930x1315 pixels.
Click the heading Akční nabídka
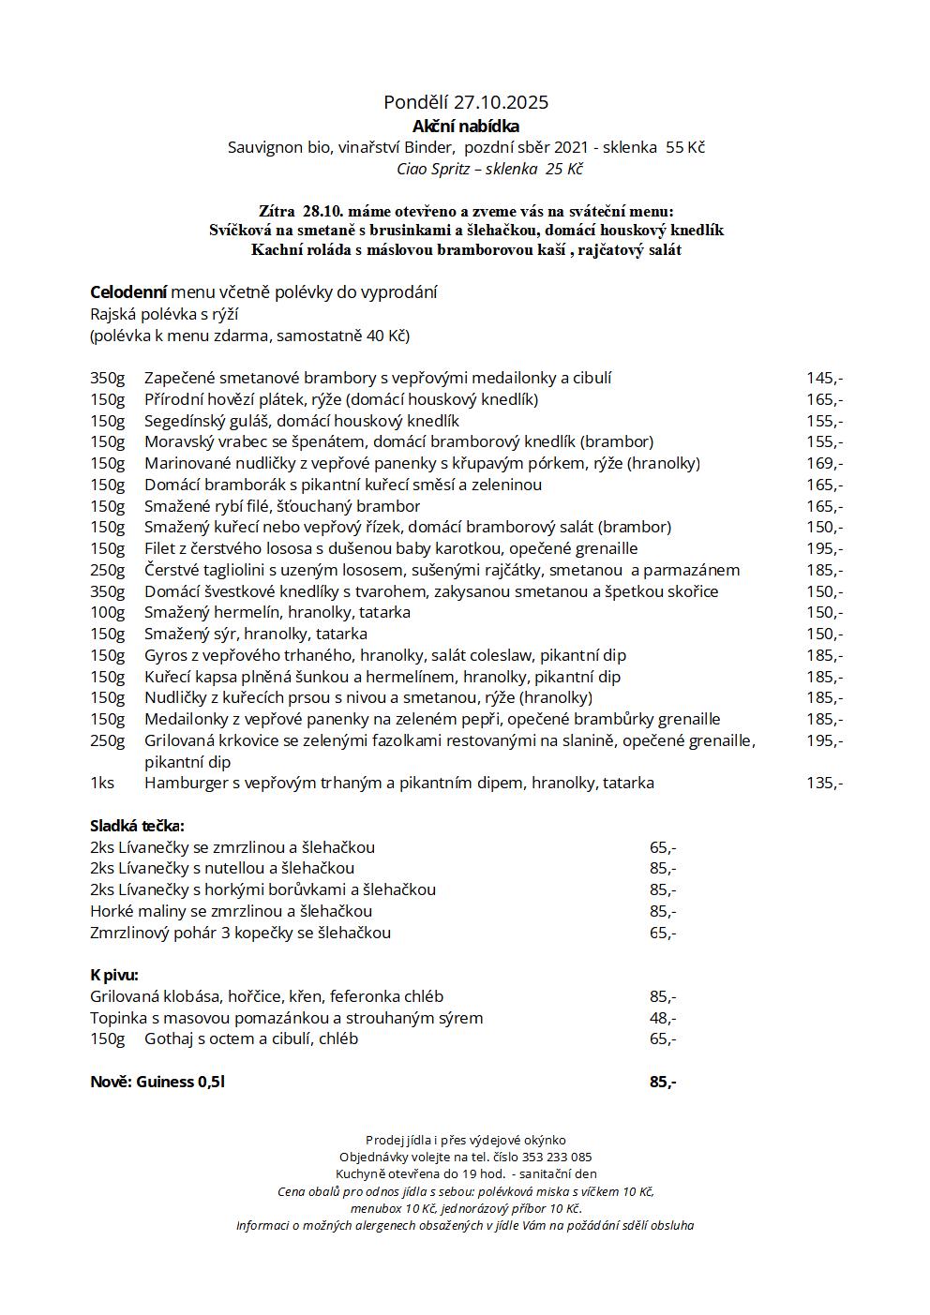click(x=465, y=126)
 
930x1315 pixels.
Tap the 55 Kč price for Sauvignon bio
click(x=684, y=147)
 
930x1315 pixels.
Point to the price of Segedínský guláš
click(x=824, y=421)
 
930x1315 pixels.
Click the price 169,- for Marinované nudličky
click(x=824, y=463)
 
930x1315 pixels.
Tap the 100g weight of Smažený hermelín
click(x=107, y=612)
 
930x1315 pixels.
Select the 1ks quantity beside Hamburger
click(x=102, y=783)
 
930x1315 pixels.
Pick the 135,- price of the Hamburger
click(x=824, y=783)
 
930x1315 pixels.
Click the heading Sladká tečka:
click(x=137, y=826)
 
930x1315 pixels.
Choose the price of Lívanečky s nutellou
click(x=663, y=868)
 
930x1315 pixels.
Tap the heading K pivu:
click(x=114, y=975)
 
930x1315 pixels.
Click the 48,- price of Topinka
click(x=663, y=1018)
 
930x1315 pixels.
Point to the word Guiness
click(x=165, y=1082)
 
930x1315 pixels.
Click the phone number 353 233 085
click(x=556, y=1157)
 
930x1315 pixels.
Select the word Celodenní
click(x=128, y=292)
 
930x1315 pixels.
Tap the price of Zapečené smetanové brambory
click(x=824, y=378)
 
